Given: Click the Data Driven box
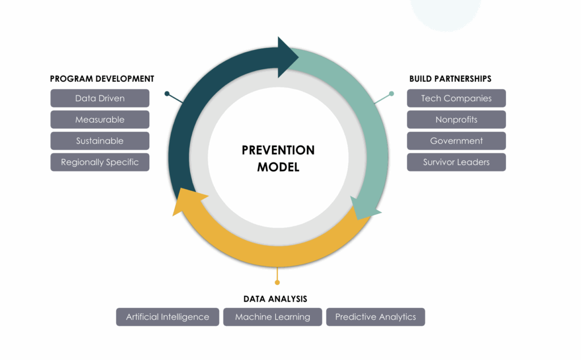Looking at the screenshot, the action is (100, 98).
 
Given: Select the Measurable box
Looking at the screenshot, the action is (100, 119).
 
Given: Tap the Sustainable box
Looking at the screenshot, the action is (100, 141).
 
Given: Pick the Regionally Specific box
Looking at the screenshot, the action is (100, 162).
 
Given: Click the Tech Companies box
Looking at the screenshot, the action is (456, 98).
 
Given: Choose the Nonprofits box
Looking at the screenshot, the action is (456, 119).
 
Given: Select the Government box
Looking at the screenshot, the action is (456, 141).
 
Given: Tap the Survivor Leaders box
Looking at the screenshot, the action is (456, 162).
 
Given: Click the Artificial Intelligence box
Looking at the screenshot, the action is (167, 317).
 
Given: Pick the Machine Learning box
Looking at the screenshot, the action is (273, 317).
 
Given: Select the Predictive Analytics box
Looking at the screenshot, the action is (376, 317).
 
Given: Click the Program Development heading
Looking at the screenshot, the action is (102, 78).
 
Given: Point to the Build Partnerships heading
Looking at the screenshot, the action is (450, 78).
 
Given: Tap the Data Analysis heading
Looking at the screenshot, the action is (275, 299).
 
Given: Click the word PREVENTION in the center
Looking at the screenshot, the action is (278, 150).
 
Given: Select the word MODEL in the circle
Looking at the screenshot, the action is (278, 167).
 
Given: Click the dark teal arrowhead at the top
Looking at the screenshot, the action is (287, 57).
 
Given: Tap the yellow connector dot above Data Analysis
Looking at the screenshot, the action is (277, 283).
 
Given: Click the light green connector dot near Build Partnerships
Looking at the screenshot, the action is (391, 94).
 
